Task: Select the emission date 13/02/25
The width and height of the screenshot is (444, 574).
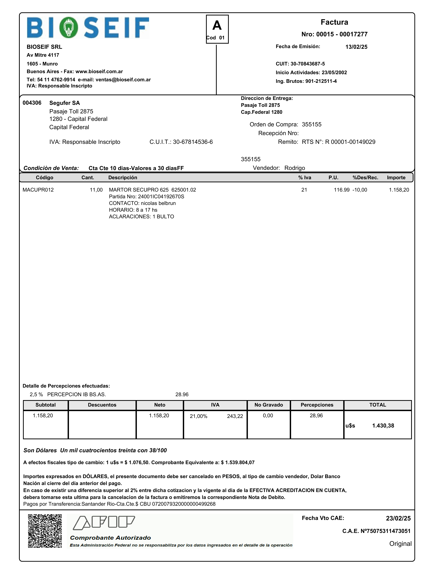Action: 356,47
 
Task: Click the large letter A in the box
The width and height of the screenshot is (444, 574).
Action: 217,26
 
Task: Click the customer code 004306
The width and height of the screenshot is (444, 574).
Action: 32,103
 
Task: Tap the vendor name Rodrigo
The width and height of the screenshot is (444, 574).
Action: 295,168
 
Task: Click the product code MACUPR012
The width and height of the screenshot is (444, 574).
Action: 38,190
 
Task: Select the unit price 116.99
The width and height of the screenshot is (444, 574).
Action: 341,190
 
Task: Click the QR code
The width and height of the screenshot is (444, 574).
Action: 45,531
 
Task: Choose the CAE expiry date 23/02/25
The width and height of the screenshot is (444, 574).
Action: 398,518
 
